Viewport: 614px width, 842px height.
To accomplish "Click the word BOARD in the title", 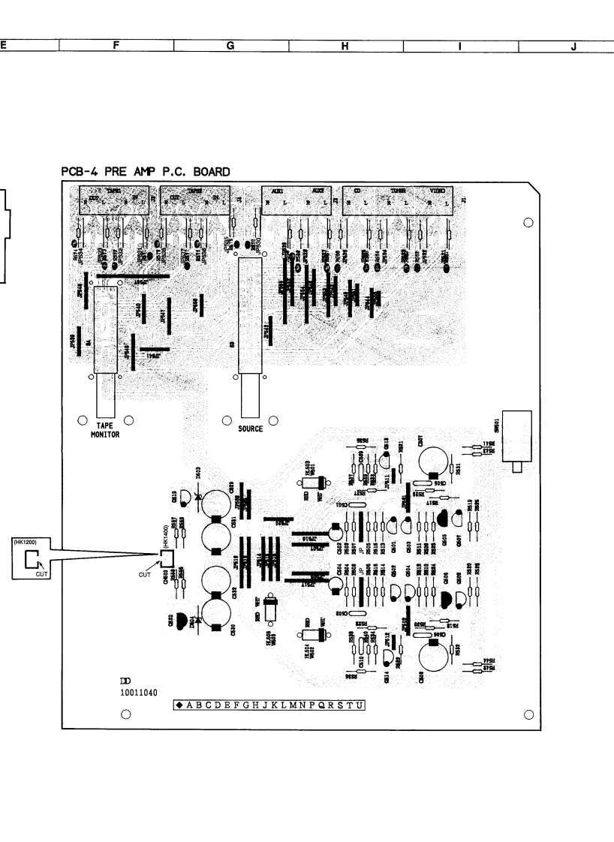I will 212,172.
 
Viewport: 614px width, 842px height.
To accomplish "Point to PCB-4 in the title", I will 80,172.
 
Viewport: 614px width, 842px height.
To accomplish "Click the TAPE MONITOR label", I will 105,429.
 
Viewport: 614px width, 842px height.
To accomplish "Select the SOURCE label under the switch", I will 251,429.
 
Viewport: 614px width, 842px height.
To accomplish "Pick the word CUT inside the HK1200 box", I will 41,573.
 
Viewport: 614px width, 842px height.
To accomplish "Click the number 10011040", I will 139,693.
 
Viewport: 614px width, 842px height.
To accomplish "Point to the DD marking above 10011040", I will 126,680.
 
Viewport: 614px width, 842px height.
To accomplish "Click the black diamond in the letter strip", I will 180,705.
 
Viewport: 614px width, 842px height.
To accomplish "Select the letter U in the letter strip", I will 360,705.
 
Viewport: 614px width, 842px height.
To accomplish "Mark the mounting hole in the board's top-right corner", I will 528,222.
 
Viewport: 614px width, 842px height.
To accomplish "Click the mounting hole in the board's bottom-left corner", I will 126,714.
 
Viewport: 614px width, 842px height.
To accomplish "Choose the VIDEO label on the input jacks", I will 436,191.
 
